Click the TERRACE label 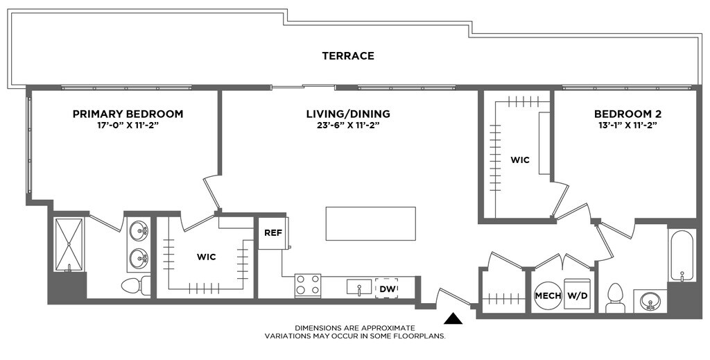pos(348,56)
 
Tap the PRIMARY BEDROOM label pos(128,114)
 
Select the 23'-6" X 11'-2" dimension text pos(348,126)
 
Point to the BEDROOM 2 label pos(625,114)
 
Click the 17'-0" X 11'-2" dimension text pos(128,126)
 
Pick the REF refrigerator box pos(273,233)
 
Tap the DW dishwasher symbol pos(387,289)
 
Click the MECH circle pos(548,295)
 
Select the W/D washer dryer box pos(577,295)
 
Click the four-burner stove pos(308,285)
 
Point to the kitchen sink pos(359,287)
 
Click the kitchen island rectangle pos(370,223)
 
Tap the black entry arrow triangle pos(453,319)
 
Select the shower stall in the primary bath pos(69,245)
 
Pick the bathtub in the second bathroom pos(682,255)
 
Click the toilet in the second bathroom pos(616,298)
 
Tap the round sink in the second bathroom pos(650,301)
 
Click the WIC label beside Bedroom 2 pos(520,160)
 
